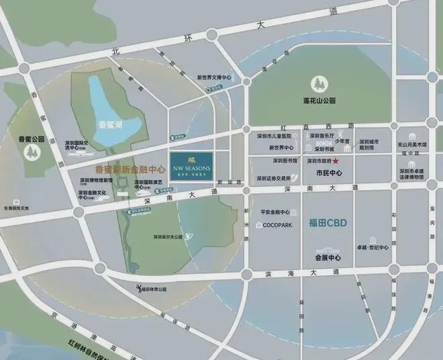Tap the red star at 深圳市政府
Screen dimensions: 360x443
(x=336, y=162)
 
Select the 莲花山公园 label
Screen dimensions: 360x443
(x=318, y=101)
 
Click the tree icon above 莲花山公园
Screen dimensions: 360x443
(x=318, y=84)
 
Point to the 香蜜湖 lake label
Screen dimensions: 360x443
(x=111, y=124)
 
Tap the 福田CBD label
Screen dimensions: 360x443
(x=327, y=223)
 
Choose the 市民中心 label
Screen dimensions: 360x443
(x=329, y=173)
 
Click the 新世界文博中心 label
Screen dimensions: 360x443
(x=214, y=77)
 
